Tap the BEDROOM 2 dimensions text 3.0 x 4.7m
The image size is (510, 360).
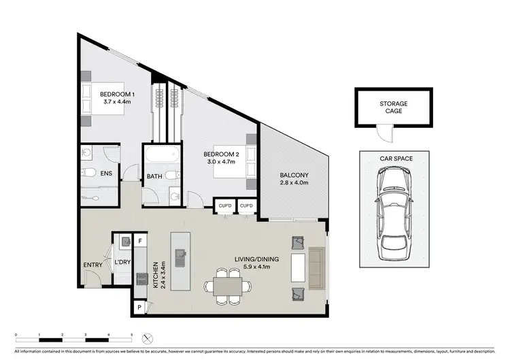click(x=220, y=163)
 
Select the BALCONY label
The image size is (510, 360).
click(x=294, y=175)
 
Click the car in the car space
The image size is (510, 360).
click(x=394, y=211)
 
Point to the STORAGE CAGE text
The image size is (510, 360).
click(x=394, y=107)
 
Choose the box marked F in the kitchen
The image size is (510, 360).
click(x=141, y=241)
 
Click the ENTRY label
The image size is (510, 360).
click(x=93, y=265)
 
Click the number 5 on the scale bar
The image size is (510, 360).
click(x=132, y=336)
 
